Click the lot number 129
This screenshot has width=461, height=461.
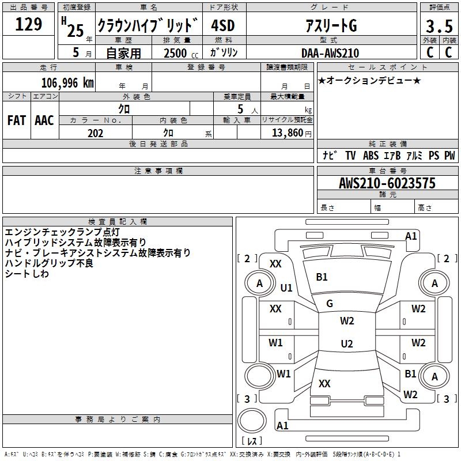[x=29, y=24]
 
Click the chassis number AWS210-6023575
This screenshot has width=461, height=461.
[x=387, y=183]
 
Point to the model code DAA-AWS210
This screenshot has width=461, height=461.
[x=330, y=53]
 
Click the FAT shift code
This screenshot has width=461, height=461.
[x=16, y=120]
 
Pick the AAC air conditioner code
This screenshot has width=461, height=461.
[x=44, y=120]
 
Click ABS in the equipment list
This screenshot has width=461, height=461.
[x=371, y=156]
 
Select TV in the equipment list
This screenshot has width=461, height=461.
[x=350, y=156]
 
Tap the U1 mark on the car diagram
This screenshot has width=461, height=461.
[x=286, y=288]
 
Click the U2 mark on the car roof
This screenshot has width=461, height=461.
[x=346, y=344]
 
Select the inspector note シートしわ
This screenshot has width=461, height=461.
[x=27, y=274]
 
